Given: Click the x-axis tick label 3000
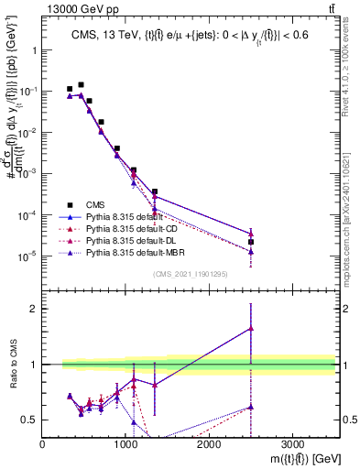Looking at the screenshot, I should click(x=292, y=443).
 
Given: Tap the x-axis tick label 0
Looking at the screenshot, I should click(x=43, y=443).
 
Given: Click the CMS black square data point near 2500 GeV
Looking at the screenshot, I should click(x=251, y=242).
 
